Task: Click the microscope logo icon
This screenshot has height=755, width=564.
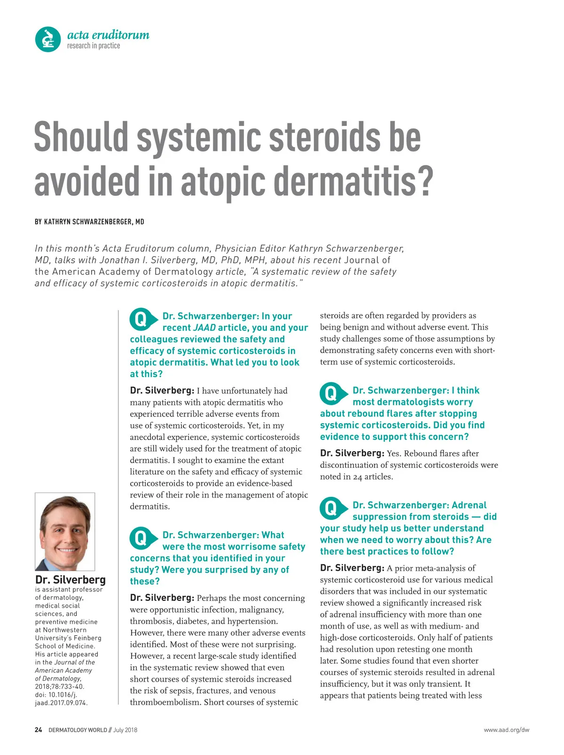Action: pos(48,39)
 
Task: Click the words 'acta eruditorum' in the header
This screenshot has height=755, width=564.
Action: pos(108,35)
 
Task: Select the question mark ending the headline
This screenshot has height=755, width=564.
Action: pos(425,181)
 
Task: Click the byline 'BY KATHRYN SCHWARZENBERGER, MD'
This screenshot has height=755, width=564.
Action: pos(89,221)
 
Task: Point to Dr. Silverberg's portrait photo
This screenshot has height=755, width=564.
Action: pos(65,532)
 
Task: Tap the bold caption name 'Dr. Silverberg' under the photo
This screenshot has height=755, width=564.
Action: pos(70,580)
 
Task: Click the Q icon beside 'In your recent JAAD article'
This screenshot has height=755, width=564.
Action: pos(141,319)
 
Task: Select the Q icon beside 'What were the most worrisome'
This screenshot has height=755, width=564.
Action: pos(141,538)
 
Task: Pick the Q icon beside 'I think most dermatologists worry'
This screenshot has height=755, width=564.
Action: pos(331,393)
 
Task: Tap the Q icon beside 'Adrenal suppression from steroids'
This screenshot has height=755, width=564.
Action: pos(331,508)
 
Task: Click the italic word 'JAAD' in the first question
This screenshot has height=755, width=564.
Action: pos(204,328)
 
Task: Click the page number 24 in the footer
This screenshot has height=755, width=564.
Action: pos(38,730)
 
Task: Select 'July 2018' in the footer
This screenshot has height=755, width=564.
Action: pos(125,730)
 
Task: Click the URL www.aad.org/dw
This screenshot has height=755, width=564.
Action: pos(506,730)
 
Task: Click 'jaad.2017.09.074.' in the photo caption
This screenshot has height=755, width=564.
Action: pos(61,703)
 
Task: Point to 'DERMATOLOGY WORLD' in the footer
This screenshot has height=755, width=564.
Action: pos(78,730)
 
